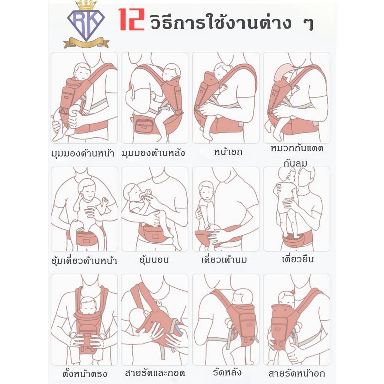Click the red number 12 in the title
132,19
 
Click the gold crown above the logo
86,5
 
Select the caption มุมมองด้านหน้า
83,153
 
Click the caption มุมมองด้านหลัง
153,153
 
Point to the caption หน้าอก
228,152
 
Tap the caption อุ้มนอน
154,259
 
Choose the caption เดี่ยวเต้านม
224,259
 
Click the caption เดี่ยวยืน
297,259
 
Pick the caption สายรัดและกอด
155,373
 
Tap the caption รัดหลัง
227,372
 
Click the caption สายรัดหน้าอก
297,373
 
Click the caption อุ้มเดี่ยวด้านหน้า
84,261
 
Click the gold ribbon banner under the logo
86,43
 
